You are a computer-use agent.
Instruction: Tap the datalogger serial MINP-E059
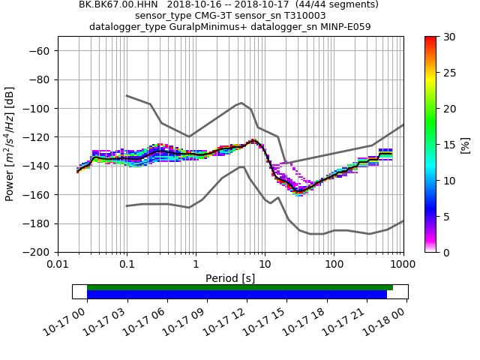click(344, 27)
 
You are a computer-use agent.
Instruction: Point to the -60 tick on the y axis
click(40, 50)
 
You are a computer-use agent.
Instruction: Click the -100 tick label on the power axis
click(38, 108)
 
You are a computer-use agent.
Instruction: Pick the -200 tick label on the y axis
click(38, 252)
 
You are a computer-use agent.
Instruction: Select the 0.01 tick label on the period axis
click(58, 265)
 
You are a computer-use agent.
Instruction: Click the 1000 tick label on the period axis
click(403, 265)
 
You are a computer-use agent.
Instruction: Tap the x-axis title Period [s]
click(230, 278)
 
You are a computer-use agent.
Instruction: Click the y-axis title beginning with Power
click(10, 145)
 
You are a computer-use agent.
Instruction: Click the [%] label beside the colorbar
click(466, 145)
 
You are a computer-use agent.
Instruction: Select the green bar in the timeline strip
click(240, 287)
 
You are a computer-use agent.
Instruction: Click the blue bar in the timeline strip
click(237, 295)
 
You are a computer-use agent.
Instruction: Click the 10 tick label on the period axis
click(265, 265)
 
